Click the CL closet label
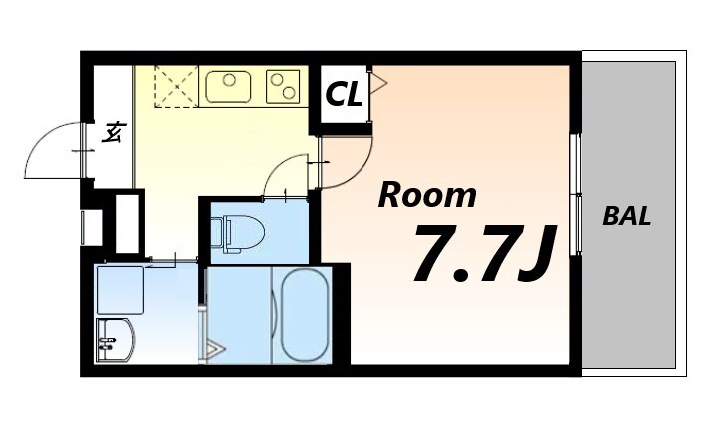click(344, 95)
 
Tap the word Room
click(427, 195)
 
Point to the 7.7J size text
click(485, 253)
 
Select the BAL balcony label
click(627, 216)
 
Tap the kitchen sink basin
click(228, 87)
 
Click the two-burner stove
click(283, 87)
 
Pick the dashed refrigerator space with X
click(176, 87)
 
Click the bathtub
click(305, 316)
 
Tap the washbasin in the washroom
click(115, 340)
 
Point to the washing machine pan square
click(120, 289)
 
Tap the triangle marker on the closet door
click(379, 84)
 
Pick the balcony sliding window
click(575, 194)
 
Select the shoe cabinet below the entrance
click(126, 224)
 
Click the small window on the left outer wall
click(83, 228)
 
